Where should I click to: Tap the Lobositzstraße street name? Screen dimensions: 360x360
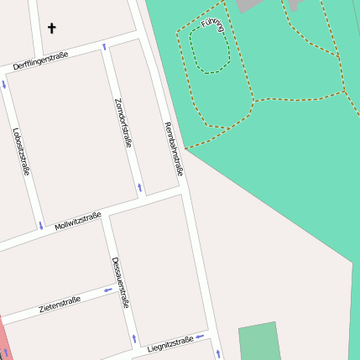tap(22, 151)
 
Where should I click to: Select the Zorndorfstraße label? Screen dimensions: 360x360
tap(123, 122)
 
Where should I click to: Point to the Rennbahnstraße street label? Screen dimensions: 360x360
tap(173, 149)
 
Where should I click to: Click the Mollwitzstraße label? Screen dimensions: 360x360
tap(77, 222)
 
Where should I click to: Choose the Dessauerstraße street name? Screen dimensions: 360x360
tap(120, 282)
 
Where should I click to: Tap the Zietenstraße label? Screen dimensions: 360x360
tap(60, 305)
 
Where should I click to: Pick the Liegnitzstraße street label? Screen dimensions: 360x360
tap(170, 342)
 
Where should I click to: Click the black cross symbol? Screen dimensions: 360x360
tap(51, 29)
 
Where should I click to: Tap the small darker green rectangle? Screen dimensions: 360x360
tap(257, 342)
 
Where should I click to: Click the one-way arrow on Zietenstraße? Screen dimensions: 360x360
tap(107, 291)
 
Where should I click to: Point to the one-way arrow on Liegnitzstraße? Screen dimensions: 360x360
tap(200, 337)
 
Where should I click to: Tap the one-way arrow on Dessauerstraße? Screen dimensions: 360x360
tap(133, 338)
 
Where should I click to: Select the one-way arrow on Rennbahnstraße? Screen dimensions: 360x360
tap(218, 353)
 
